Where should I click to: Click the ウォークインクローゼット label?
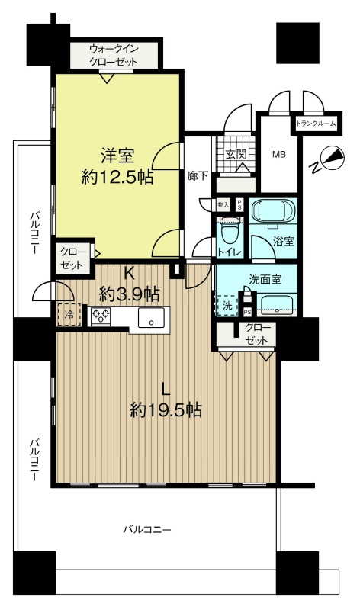pos(114,56)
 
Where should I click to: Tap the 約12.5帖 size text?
pos(117,178)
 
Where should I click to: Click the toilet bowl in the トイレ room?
pos(230,232)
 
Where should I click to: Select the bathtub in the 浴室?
pos(273,210)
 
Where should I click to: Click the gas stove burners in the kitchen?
pos(101,316)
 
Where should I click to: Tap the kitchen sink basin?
pos(151,317)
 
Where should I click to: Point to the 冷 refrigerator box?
pos(69,315)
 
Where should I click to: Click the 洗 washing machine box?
pos(227,306)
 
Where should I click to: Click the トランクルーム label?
pos(316,124)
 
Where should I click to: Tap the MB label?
pos(278,155)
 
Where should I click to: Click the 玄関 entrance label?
pos(236,154)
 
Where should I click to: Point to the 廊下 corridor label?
pos(198,176)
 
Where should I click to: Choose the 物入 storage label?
pos(223,204)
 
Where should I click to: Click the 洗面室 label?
pos(265,279)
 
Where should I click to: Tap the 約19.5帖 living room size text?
pos(166,409)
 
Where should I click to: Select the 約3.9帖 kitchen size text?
pos(129,294)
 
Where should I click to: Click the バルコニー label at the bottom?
pos(147,529)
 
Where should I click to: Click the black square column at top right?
pos(297,43)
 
